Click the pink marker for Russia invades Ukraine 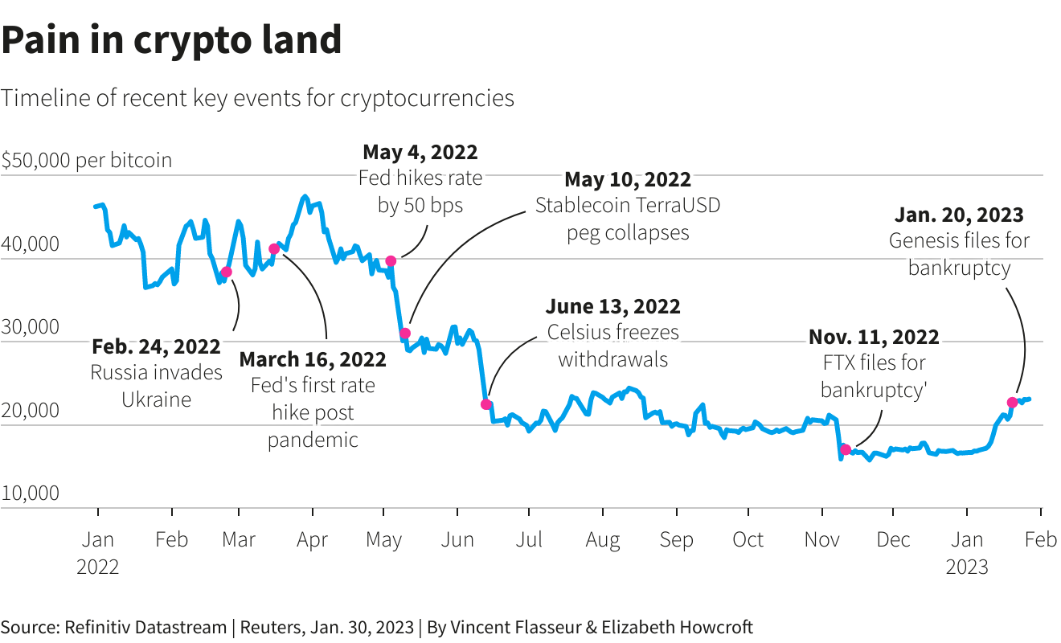pos(226,272)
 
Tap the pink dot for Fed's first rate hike pos(274,249)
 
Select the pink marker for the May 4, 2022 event pos(391,260)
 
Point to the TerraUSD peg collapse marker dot pos(405,334)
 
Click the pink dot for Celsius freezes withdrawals pos(485,404)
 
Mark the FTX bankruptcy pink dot pos(846,450)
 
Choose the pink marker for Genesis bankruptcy pos(1012,403)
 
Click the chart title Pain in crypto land pos(171,40)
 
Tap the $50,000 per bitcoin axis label pos(87,160)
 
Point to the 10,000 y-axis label pos(31,493)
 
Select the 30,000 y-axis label pos(31,327)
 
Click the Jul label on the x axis pos(529,539)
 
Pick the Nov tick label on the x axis pos(822,539)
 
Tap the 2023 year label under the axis pos(967,567)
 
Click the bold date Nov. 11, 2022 pos(874,337)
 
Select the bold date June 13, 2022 pos(612,306)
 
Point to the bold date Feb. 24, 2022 pos(156,346)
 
